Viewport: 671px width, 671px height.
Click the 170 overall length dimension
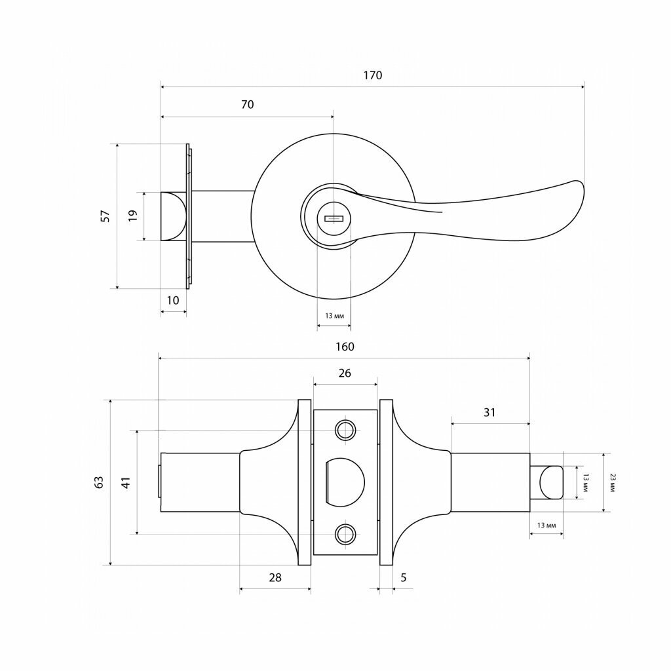click(x=373, y=75)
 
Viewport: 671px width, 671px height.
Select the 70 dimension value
click(x=247, y=104)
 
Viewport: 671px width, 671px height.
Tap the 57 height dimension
click(x=105, y=216)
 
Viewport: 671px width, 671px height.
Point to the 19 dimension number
click(x=132, y=215)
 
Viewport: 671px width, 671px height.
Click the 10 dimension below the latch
click(x=173, y=300)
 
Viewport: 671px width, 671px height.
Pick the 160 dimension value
click(x=345, y=347)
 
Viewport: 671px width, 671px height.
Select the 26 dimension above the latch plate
click(x=345, y=373)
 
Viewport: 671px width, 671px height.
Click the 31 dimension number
click(x=489, y=412)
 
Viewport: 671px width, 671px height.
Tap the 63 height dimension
click(x=99, y=482)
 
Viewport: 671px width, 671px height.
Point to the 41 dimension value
click(x=126, y=482)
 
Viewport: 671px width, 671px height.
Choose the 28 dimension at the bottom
click(x=275, y=578)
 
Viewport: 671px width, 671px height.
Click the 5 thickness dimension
click(x=403, y=578)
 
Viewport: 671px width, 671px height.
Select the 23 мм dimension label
click(x=612, y=483)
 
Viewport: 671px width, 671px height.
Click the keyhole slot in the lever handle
click(x=334, y=219)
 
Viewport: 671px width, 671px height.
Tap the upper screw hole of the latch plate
click(x=345, y=430)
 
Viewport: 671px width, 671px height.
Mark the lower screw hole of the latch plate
click(x=345, y=534)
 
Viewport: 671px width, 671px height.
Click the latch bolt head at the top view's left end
click(x=173, y=216)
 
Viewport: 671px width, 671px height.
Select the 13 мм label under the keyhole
click(x=334, y=316)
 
